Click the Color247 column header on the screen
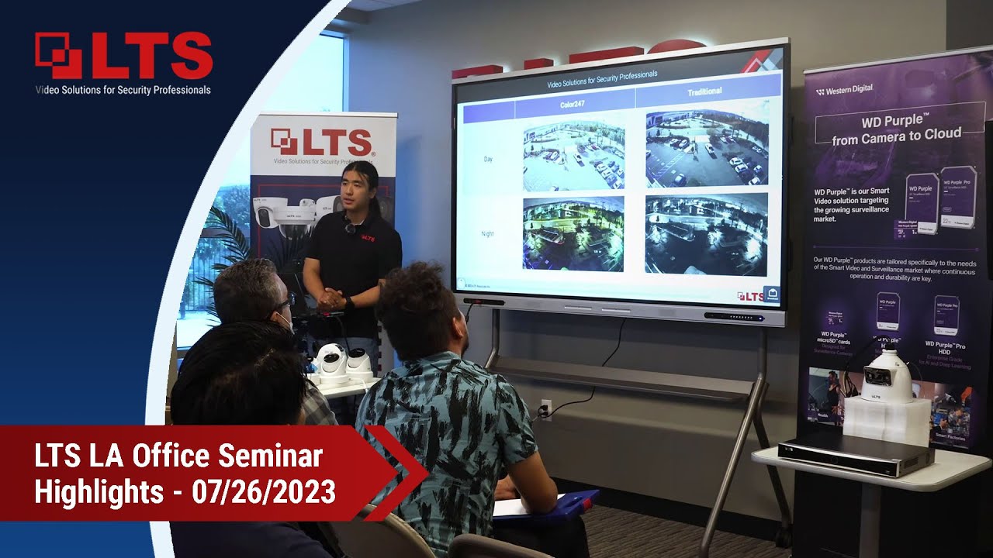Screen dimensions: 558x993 pos(575,104)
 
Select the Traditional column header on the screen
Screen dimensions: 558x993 pos(704,92)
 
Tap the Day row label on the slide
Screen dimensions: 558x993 pos(488,159)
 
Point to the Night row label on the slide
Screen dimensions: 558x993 pos(488,233)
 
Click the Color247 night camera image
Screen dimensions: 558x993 pos(573,233)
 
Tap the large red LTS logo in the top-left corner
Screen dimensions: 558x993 pos(124,55)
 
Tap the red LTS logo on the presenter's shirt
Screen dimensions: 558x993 pos(367,239)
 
